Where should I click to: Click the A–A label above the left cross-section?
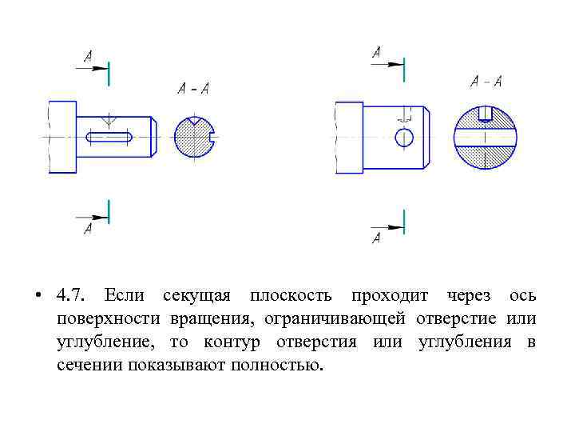[193, 89]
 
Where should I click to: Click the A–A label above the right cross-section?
[486, 81]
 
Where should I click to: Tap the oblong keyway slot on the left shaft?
[110, 138]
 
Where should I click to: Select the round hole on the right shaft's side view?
[404, 137]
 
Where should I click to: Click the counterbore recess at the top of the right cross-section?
[485, 114]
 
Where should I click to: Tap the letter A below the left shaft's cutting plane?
[88, 230]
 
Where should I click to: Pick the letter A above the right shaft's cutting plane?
[376, 51]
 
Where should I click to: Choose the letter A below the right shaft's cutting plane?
[376, 238]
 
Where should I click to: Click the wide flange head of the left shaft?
[62, 137]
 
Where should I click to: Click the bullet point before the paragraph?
[38, 297]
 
